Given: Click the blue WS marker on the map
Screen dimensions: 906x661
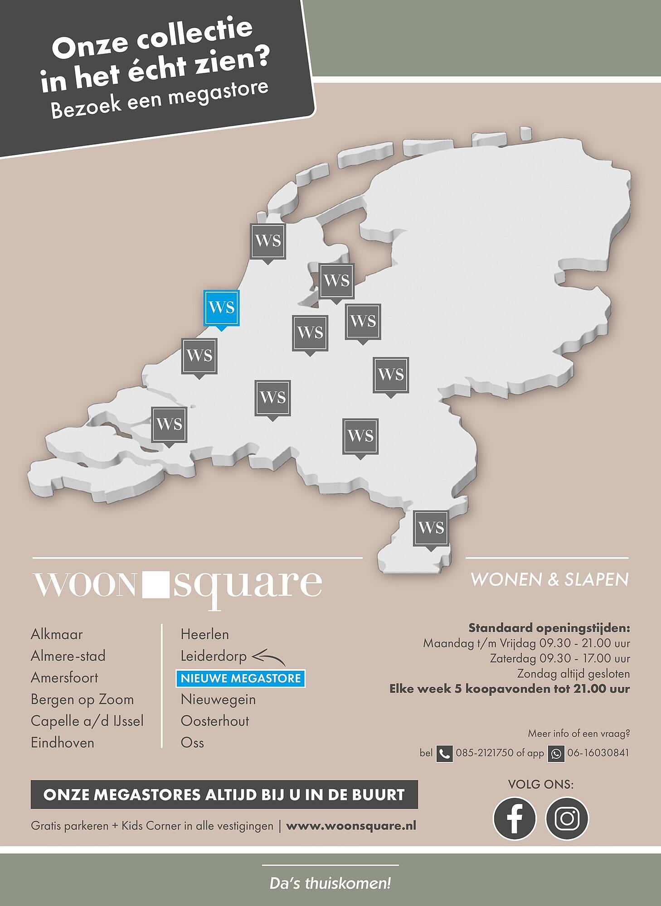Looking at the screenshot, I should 221,308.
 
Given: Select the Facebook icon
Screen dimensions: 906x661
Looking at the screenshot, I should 514,819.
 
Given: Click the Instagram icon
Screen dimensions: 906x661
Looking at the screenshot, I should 567,819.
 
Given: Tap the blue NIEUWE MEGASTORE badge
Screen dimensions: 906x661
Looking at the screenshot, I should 241,678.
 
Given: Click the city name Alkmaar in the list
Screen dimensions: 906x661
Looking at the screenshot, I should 57,634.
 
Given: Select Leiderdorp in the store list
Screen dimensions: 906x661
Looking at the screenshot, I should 214,656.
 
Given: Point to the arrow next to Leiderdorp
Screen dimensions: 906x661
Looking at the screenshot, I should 269,658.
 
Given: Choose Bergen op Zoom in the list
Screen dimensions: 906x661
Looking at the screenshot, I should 82,699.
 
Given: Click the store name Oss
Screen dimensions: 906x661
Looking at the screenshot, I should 192,743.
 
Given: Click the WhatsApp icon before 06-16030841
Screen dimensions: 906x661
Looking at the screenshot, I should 556,754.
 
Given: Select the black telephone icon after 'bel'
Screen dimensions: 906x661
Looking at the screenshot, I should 444,754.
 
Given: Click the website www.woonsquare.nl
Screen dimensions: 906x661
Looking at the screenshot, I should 351,826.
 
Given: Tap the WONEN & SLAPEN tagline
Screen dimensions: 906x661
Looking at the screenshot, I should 549,579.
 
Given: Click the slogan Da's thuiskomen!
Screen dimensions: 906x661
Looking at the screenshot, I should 330,883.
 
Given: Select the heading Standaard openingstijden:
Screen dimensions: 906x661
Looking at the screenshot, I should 549,628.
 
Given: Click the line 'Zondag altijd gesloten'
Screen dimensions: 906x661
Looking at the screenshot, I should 574,674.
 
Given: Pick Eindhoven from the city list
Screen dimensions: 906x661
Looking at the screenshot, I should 63,743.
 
